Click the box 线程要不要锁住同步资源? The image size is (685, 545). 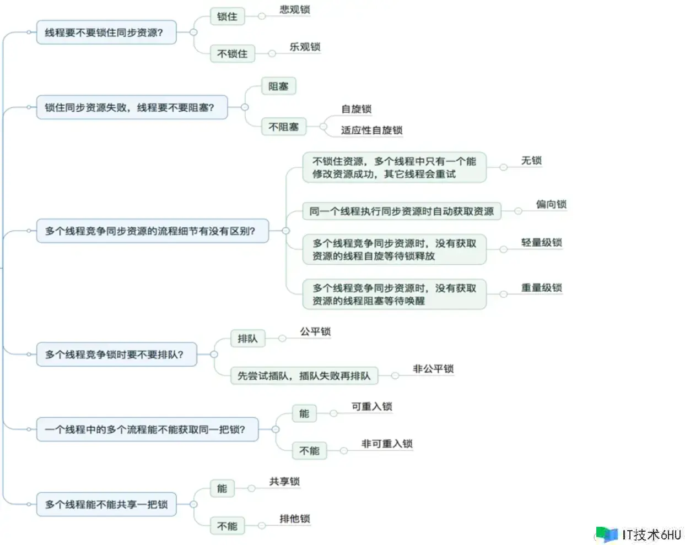pos(106,32)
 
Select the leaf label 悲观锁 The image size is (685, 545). pos(295,9)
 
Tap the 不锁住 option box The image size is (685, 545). pos(233,53)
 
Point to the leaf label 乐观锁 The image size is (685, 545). pos(305,47)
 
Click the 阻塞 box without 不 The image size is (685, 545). pos(278,86)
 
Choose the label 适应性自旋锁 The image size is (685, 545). pos(372,130)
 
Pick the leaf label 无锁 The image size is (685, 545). pos(531,160)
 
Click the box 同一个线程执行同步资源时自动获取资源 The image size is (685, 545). pos(402,211)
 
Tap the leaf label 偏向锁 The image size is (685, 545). pos(551,204)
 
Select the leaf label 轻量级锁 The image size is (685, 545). pos(542,242)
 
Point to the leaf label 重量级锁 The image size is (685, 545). pos(542,287)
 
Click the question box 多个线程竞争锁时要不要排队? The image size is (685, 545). pos(116,354)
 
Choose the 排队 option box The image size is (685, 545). pos(247,339)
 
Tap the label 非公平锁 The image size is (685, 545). pos(433,369)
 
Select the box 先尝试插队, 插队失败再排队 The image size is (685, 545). pos(304,375)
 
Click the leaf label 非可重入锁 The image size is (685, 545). pos(387,444)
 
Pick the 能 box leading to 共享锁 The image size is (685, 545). pos(222,488)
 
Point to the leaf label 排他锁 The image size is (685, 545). pos(295,519)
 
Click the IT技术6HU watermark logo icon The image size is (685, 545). pos(607,534)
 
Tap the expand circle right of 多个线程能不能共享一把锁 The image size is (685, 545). pos(193,504)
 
